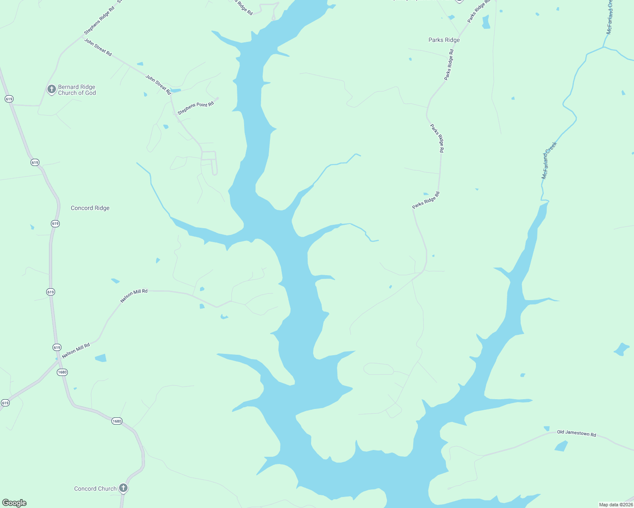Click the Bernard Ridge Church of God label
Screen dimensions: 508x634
(x=77, y=90)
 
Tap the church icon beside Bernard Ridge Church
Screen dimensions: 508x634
(x=51, y=89)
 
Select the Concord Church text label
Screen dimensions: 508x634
(x=95, y=489)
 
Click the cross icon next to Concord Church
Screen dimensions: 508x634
(x=123, y=488)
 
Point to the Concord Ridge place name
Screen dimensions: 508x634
(x=90, y=208)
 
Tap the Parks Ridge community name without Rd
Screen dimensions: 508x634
(x=444, y=40)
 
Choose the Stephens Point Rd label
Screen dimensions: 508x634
(x=195, y=108)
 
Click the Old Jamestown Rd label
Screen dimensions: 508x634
(x=576, y=433)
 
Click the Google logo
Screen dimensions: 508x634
(x=14, y=503)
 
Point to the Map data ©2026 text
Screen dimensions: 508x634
(x=615, y=505)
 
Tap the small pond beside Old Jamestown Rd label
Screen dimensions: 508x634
(x=561, y=446)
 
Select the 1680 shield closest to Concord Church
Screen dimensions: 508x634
(x=117, y=421)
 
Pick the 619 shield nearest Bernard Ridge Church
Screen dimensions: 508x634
(x=9, y=99)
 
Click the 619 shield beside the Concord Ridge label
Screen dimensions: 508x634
(x=55, y=224)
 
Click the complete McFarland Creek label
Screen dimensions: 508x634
(x=549, y=160)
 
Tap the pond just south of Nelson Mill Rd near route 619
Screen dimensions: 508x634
(x=101, y=358)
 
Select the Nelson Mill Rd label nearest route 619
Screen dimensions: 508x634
(x=76, y=351)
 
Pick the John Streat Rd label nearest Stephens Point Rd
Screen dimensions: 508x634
(x=158, y=84)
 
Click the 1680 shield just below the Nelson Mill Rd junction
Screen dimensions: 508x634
(x=62, y=372)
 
